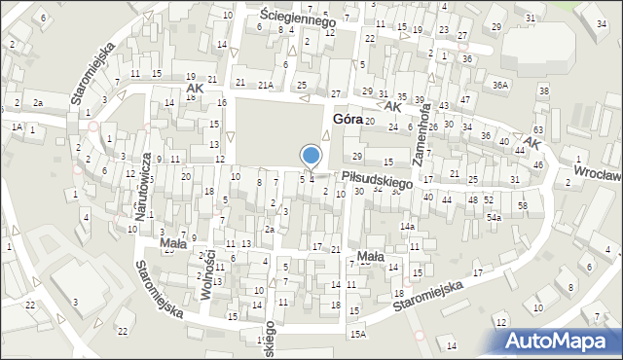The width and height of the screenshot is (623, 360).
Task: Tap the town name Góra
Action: pyautogui.click(x=348, y=119)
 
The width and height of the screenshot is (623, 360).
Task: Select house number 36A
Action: pyautogui.click(x=500, y=85)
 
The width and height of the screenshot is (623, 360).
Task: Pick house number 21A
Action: pyautogui.click(x=266, y=85)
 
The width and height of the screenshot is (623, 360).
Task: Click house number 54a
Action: pyautogui.click(x=494, y=218)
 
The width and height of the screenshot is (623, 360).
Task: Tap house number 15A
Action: pyautogui.click(x=359, y=334)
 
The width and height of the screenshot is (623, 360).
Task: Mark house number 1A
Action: pyautogui.click(x=17, y=126)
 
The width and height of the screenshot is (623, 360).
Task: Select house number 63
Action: pyautogui.click(x=538, y=129)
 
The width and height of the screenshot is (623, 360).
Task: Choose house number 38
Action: pyautogui.click(x=544, y=90)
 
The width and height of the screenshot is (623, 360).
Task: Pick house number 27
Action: pyautogui.click(x=336, y=92)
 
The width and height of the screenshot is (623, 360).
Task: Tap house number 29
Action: pyautogui.click(x=357, y=157)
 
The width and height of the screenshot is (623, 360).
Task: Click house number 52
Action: pyautogui.click(x=489, y=199)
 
